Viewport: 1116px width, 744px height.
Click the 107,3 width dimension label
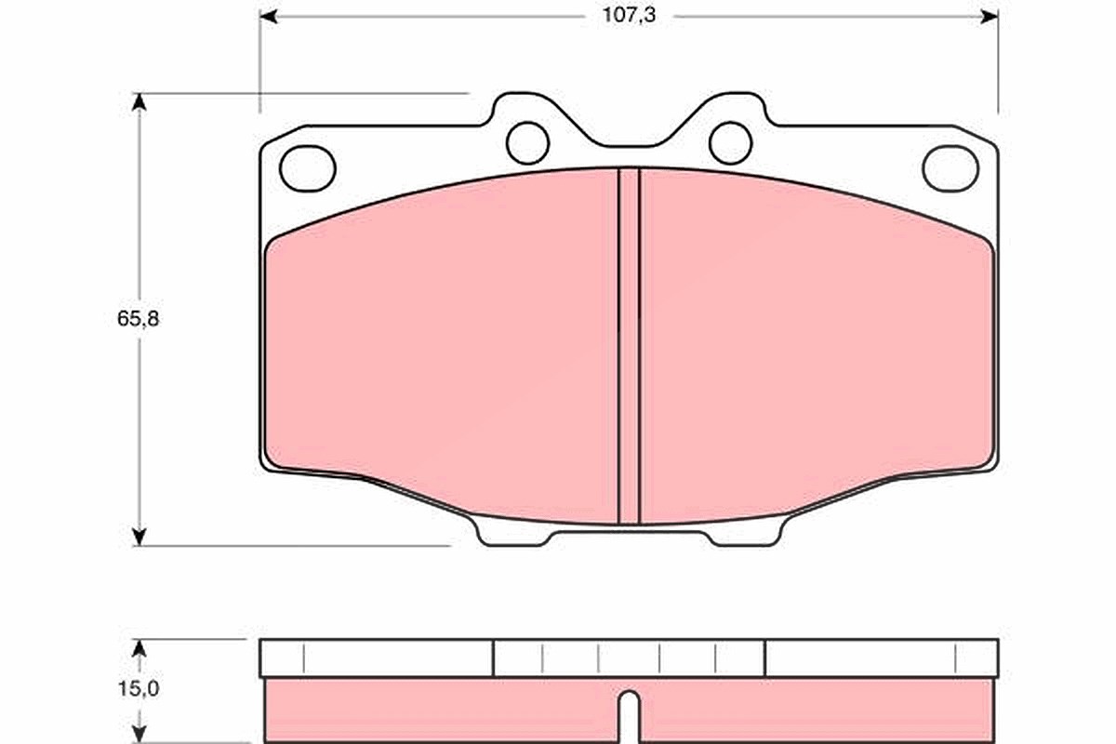(629, 16)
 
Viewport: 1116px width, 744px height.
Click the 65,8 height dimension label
(138, 319)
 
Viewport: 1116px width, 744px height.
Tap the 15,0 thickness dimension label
(138, 689)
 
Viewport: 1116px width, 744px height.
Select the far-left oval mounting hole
(308, 168)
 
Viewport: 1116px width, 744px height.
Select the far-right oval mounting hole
(950, 168)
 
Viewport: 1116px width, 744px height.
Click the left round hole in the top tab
(527, 143)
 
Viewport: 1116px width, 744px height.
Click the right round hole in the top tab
(730, 143)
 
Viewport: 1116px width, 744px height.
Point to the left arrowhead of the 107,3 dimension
(268, 17)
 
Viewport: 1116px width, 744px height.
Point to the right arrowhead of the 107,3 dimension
(990, 17)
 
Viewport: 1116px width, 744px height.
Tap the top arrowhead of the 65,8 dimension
(139, 101)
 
